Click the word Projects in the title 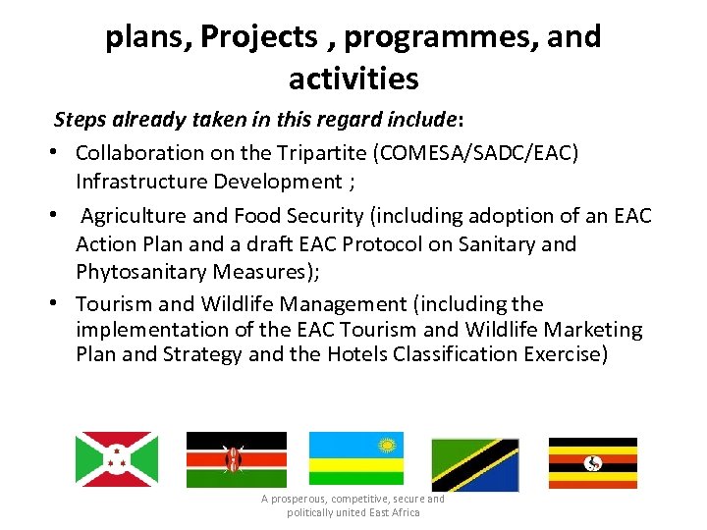tap(258, 37)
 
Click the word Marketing tap(593, 330)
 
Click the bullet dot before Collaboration tap(49, 154)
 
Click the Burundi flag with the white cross tap(117, 459)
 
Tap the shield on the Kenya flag tap(233, 459)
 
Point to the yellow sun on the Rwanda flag tap(387, 446)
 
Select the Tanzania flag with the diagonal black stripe tap(474, 464)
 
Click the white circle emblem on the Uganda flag tap(593, 462)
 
